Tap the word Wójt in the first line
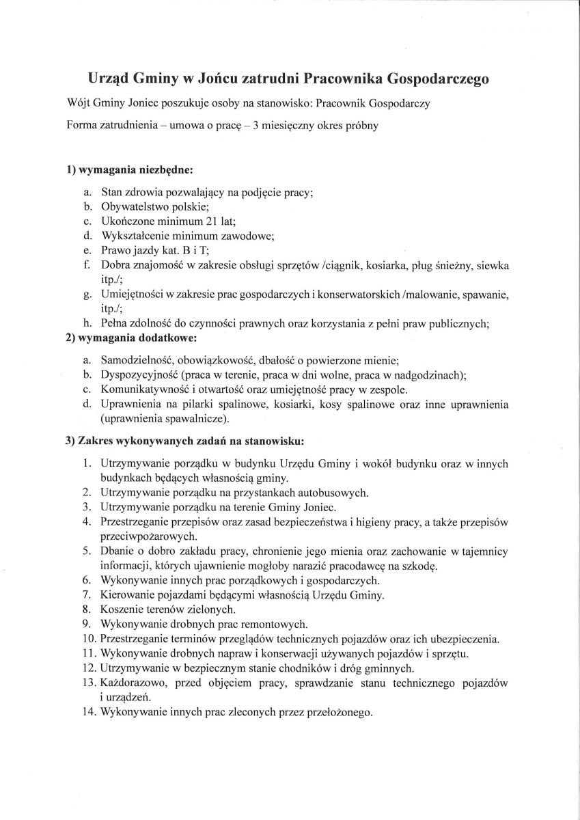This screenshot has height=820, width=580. (80, 104)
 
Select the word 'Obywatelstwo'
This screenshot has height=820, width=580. (133, 206)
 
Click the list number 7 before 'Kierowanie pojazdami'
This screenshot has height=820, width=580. (87, 594)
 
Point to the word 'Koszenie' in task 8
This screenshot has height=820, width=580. (121, 609)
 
